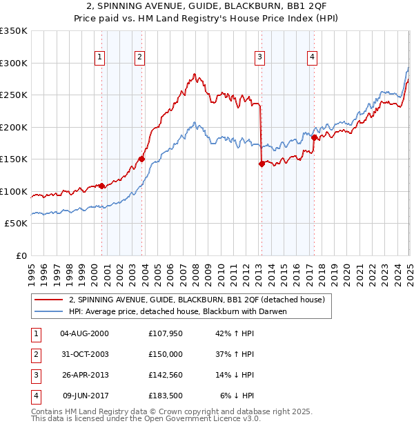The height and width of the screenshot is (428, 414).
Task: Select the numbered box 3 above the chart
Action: click(260, 57)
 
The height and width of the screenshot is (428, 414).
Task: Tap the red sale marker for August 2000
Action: click(101, 186)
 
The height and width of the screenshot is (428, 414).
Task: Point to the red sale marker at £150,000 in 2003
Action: click(141, 159)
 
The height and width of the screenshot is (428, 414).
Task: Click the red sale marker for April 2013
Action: click(262, 164)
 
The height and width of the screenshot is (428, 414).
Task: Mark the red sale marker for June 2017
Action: click(314, 137)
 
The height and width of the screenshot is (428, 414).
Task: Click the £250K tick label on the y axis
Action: click(14, 95)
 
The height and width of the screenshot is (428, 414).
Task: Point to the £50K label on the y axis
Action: click(17, 224)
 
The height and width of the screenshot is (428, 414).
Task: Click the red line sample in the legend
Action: click(48, 300)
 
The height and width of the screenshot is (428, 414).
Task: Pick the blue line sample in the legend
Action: click(48, 311)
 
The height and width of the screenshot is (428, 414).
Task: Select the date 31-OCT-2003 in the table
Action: click(84, 354)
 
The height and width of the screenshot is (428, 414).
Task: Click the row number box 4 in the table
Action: click(35, 396)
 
